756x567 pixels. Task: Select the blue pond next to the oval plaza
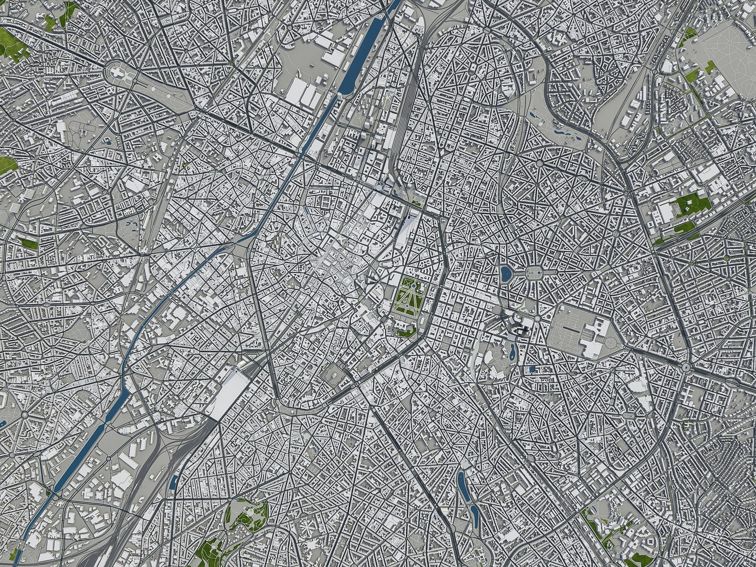point(505,273)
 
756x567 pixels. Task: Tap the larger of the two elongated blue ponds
point(462,486)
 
